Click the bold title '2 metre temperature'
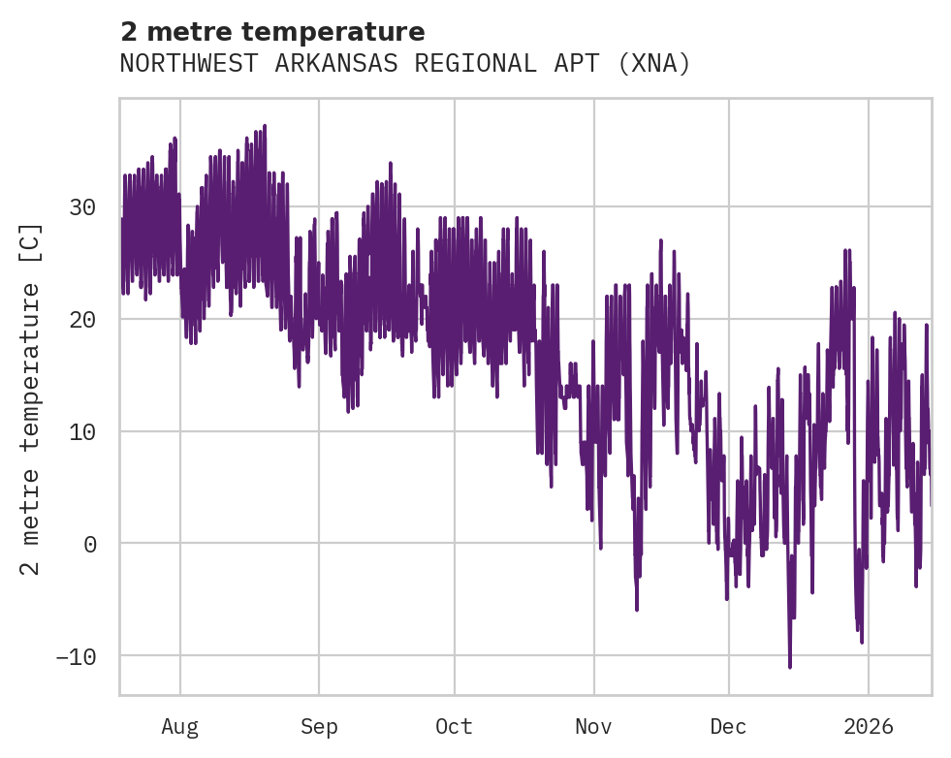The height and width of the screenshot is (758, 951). click(272, 32)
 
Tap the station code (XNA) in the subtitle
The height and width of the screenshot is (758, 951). click(656, 64)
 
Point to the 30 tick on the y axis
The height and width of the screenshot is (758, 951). click(85, 207)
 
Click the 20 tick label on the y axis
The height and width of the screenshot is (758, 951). click(85, 320)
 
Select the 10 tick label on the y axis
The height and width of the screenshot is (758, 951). click(85, 431)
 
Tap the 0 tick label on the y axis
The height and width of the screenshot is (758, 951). click(91, 544)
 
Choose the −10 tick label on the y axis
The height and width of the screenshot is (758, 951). click(79, 656)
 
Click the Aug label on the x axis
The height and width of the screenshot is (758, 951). click(180, 727)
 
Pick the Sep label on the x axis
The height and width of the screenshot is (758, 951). click(318, 727)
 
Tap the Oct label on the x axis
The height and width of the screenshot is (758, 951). click(454, 727)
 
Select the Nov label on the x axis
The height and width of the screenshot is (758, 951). click(593, 727)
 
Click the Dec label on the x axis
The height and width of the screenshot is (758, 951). click(728, 727)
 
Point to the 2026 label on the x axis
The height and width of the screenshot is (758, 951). click(869, 727)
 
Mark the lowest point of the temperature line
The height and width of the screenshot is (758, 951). click(790, 667)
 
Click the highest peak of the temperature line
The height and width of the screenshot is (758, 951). click(264, 125)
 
